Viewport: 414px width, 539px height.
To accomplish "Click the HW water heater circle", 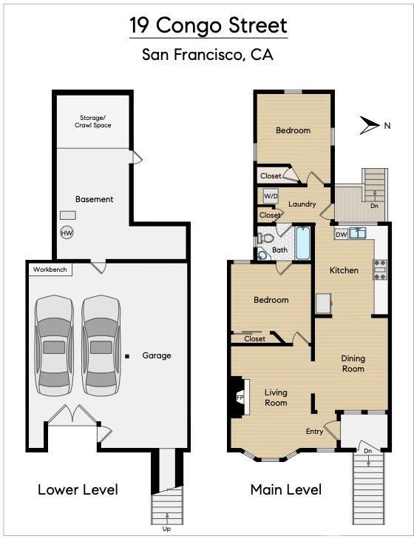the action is pyautogui.click(x=67, y=232).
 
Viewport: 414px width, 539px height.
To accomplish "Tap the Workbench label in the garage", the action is pyautogui.click(x=50, y=269).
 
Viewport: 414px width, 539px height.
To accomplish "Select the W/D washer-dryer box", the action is pyautogui.click(x=271, y=197).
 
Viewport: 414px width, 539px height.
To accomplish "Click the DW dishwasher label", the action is pyautogui.click(x=342, y=235).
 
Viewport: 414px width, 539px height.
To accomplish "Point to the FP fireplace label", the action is pyautogui.click(x=240, y=398).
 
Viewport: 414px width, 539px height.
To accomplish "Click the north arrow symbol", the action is pyautogui.click(x=370, y=125).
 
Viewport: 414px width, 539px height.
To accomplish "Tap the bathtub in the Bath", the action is pyautogui.click(x=303, y=243).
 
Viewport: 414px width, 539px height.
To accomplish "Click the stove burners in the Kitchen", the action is pyautogui.click(x=380, y=269).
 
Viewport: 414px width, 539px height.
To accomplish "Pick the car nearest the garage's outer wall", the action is pyautogui.click(x=54, y=346).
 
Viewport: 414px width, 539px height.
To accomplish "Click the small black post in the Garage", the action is pyautogui.click(x=127, y=356).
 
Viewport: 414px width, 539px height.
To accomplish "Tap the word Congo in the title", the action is pyautogui.click(x=189, y=25).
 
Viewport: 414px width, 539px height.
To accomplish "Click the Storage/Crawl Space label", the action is pyautogui.click(x=93, y=121).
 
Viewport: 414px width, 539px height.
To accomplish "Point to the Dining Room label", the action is pyautogui.click(x=353, y=364).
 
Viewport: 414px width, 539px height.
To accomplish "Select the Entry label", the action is pyautogui.click(x=314, y=432).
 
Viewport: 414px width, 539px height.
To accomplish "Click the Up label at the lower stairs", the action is pyautogui.click(x=166, y=529).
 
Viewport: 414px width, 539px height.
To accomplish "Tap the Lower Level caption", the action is pyautogui.click(x=78, y=490).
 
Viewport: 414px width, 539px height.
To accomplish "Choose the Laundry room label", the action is pyautogui.click(x=302, y=204).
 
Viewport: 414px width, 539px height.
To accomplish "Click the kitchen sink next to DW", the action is pyautogui.click(x=358, y=233).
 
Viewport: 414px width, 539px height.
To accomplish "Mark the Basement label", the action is pyautogui.click(x=95, y=199).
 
